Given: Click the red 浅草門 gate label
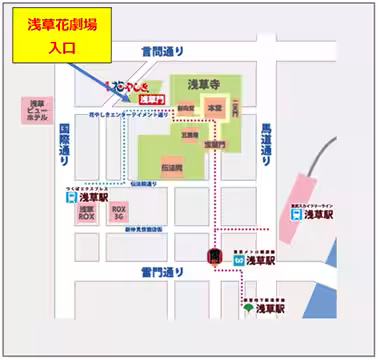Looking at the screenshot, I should tap(150, 99).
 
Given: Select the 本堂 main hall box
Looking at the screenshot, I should tap(212, 106).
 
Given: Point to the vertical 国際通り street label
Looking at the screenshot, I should tap(63, 145).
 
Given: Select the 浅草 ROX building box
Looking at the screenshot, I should tap(87, 213).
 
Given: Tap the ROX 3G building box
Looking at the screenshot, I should tap(119, 213).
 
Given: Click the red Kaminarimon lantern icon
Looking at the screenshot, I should tap(213, 257).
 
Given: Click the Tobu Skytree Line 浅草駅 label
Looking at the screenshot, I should tap(320, 212).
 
